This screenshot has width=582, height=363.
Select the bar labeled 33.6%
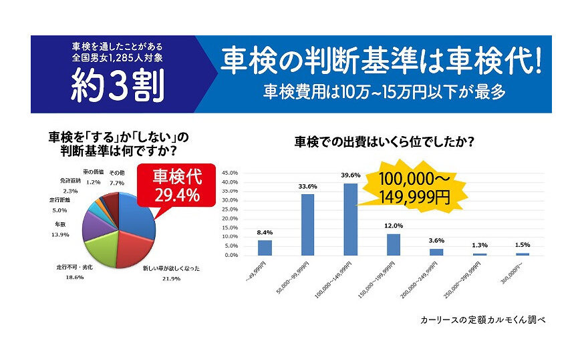[308, 225]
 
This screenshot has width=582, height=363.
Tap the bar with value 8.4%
[265, 248]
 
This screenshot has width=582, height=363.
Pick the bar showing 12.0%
[394, 244]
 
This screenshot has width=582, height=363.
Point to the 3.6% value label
[436, 241]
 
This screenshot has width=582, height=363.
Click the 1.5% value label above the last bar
[522, 245]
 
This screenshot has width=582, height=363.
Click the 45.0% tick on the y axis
[229, 172]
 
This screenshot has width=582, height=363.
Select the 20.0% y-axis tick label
[229, 218]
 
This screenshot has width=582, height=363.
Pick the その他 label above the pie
[117, 172]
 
